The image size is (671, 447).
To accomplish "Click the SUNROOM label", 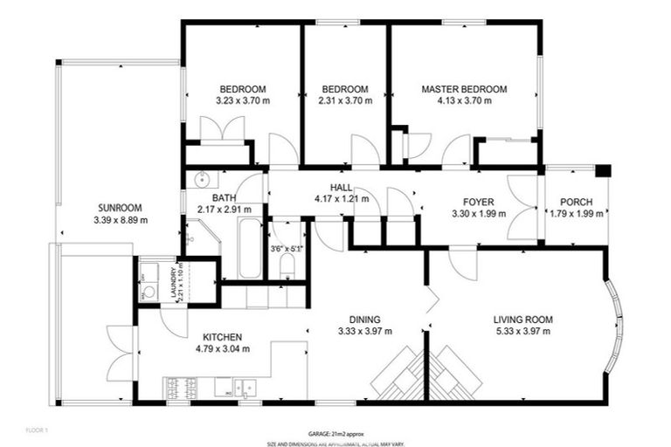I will pyautogui.click(x=121, y=208).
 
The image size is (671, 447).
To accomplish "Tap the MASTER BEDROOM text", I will pyautogui.click(x=463, y=89).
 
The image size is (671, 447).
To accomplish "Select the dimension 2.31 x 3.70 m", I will pyautogui.click(x=344, y=101).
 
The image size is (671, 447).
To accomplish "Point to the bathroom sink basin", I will pyautogui.click(x=203, y=181).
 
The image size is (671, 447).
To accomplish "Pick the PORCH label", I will pyautogui.click(x=576, y=203).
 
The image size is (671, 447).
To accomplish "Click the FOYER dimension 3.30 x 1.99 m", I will pyautogui.click(x=479, y=214).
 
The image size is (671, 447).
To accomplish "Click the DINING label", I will pyautogui.click(x=364, y=320).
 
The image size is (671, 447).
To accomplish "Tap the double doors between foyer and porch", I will pyautogui.click(x=524, y=207).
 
